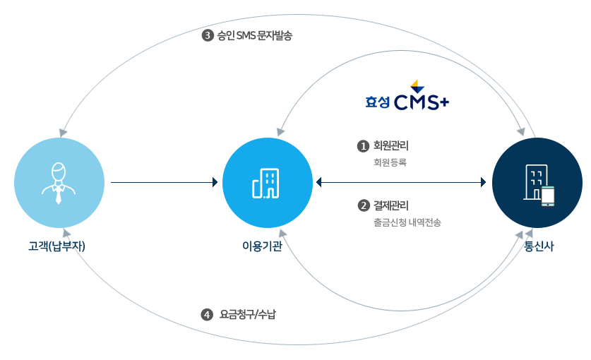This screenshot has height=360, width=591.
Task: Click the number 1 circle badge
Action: (x=364, y=146)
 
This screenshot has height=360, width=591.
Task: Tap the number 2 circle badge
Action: (x=364, y=206)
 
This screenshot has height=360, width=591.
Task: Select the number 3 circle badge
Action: (x=208, y=35)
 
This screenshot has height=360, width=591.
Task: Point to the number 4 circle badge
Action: (x=207, y=315)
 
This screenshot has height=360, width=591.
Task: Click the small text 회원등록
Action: (x=390, y=162)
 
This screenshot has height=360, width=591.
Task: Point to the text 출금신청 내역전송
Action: (x=407, y=222)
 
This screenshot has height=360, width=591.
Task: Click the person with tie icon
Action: (x=59, y=183)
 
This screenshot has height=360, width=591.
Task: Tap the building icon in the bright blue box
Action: (x=266, y=184)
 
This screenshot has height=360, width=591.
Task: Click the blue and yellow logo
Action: (x=407, y=95)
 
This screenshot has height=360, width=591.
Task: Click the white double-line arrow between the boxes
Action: (x=163, y=182)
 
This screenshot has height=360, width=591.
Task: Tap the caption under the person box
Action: (x=56, y=246)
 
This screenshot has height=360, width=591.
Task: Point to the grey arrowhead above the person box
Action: (x=64, y=132)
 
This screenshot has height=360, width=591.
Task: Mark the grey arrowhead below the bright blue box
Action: (x=282, y=233)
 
